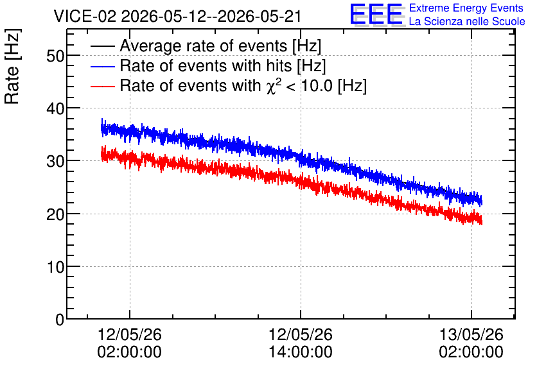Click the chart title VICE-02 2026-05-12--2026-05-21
pyautogui.click(x=177, y=16)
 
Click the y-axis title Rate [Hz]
pyautogui.click(x=12, y=66)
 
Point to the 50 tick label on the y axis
pyautogui.click(x=55, y=56)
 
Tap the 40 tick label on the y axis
pyautogui.click(x=55, y=109)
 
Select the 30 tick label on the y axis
pyautogui.click(x=55, y=162)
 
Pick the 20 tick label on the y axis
pyautogui.click(x=55, y=214)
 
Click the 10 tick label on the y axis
pyautogui.click(x=55, y=267)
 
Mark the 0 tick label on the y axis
pyautogui.click(x=60, y=320)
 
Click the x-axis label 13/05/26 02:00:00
pyautogui.click(x=471, y=343)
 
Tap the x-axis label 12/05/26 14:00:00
pyautogui.click(x=301, y=343)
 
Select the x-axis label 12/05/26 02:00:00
pyautogui.click(x=130, y=343)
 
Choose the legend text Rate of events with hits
pyautogui.click(x=206, y=65)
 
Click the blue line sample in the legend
pyautogui.click(x=102, y=66)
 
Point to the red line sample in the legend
pyautogui.click(x=102, y=86)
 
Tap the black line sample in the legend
pyautogui.click(x=102, y=46)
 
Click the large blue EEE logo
pyautogui.click(x=376, y=14)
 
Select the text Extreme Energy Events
pyautogui.click(x=466, y=8)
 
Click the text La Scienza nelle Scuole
pyautogui.click(x=467, y=21)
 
